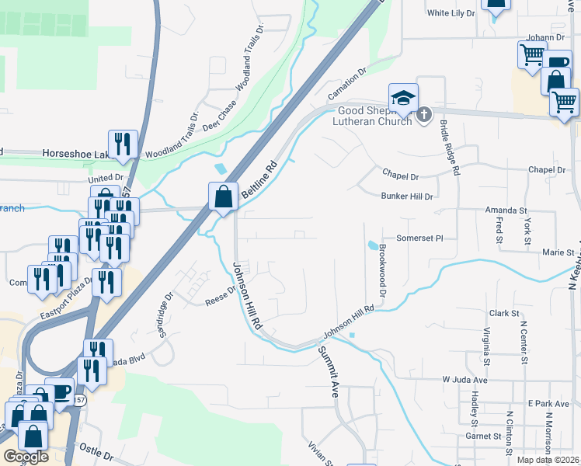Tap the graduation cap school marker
[403, 99]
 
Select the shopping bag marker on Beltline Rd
[224, 197]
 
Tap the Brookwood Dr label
[382, 270]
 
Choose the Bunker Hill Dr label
[406, 197]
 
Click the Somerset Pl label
[419, 238]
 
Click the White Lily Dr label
[451, 13]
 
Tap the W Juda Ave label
[464, 380]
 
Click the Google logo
[26, 457]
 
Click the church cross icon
[423, 116]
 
